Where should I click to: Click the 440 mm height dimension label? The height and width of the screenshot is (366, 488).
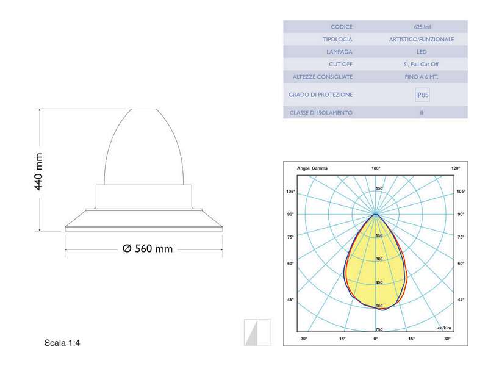[38, 171]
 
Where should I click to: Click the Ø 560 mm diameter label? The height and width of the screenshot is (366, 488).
[148, 249]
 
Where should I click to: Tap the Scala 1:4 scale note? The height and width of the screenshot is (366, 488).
[62, 343]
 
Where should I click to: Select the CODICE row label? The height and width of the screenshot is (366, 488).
[342, 27]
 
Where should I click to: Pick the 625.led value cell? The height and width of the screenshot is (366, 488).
[422, 27]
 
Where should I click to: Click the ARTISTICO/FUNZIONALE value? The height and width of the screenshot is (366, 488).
[422, 40]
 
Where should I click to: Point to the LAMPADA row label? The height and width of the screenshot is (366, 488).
[339, 52]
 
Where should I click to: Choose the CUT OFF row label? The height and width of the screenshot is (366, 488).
[340, 65]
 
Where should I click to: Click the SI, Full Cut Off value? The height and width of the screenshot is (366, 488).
[421, 65]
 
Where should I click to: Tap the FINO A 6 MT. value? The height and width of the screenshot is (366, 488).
[422, 77]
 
